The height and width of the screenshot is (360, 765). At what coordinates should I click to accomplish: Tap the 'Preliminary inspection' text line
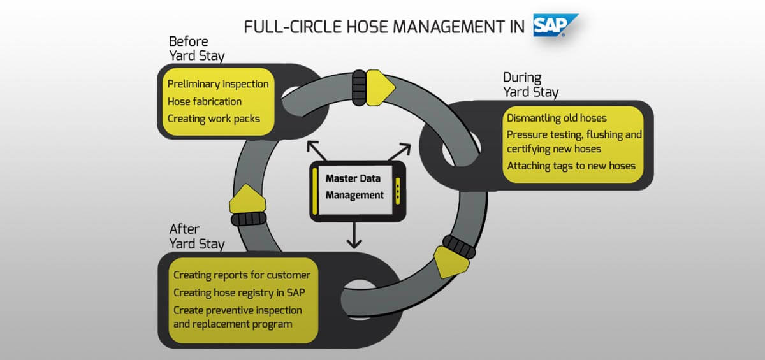(x=218, y=84)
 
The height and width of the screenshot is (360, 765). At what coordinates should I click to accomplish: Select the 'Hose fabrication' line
(x=205, y=101)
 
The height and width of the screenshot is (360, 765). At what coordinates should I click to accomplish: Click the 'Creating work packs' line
(x=214, y=119)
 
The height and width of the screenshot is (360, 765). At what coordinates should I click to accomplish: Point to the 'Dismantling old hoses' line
(x=557, y=118)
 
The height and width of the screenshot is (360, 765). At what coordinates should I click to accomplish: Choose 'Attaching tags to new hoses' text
(x=571, y=166)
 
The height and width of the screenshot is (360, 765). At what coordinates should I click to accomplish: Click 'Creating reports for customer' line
(x=242, y=275)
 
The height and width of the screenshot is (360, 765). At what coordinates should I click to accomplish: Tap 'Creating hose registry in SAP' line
(x=239, y=292)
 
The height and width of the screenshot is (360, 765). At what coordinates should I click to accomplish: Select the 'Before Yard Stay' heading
(x=197, y=49)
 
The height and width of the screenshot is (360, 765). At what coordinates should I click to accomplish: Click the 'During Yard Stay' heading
(x=530, y=85)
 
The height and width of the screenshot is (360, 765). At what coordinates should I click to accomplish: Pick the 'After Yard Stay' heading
(x=197, y=236)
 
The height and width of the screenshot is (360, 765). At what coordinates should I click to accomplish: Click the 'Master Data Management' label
(x=354, y=187)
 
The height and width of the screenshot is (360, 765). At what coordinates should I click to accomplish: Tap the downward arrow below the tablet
(x=354, y=236)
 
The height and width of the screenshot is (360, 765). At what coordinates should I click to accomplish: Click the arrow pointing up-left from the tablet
(x=317, y=151)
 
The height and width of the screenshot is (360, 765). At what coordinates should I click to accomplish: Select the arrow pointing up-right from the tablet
(x=399, y=152)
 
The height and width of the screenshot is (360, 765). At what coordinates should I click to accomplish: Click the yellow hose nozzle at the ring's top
(x=380, y=88)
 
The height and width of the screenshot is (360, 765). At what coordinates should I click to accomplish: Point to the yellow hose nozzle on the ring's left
(x=247, y=199)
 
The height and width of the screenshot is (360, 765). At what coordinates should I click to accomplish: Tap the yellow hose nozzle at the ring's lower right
(x=451, y=262)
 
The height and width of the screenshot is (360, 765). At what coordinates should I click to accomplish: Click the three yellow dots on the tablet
(x=398, y=191)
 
